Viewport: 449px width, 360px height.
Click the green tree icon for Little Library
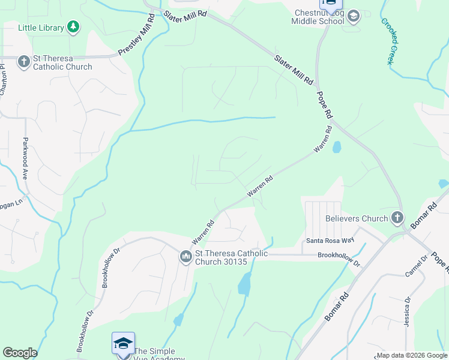click(73, 28)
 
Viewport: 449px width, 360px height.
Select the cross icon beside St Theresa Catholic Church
click(23, 61)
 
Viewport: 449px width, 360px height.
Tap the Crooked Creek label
click(391, 41)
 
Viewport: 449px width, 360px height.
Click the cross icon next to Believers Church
click(397, 218)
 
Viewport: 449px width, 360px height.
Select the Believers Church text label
click(357, 218)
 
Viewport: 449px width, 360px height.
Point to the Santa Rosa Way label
click(330, 241)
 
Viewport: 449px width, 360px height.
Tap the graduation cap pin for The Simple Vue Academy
click(123, 344)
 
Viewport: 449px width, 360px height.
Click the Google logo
click(20, 353)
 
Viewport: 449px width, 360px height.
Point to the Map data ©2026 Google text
click(411, 355)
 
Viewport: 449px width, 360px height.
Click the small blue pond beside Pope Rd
click(336, 147)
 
